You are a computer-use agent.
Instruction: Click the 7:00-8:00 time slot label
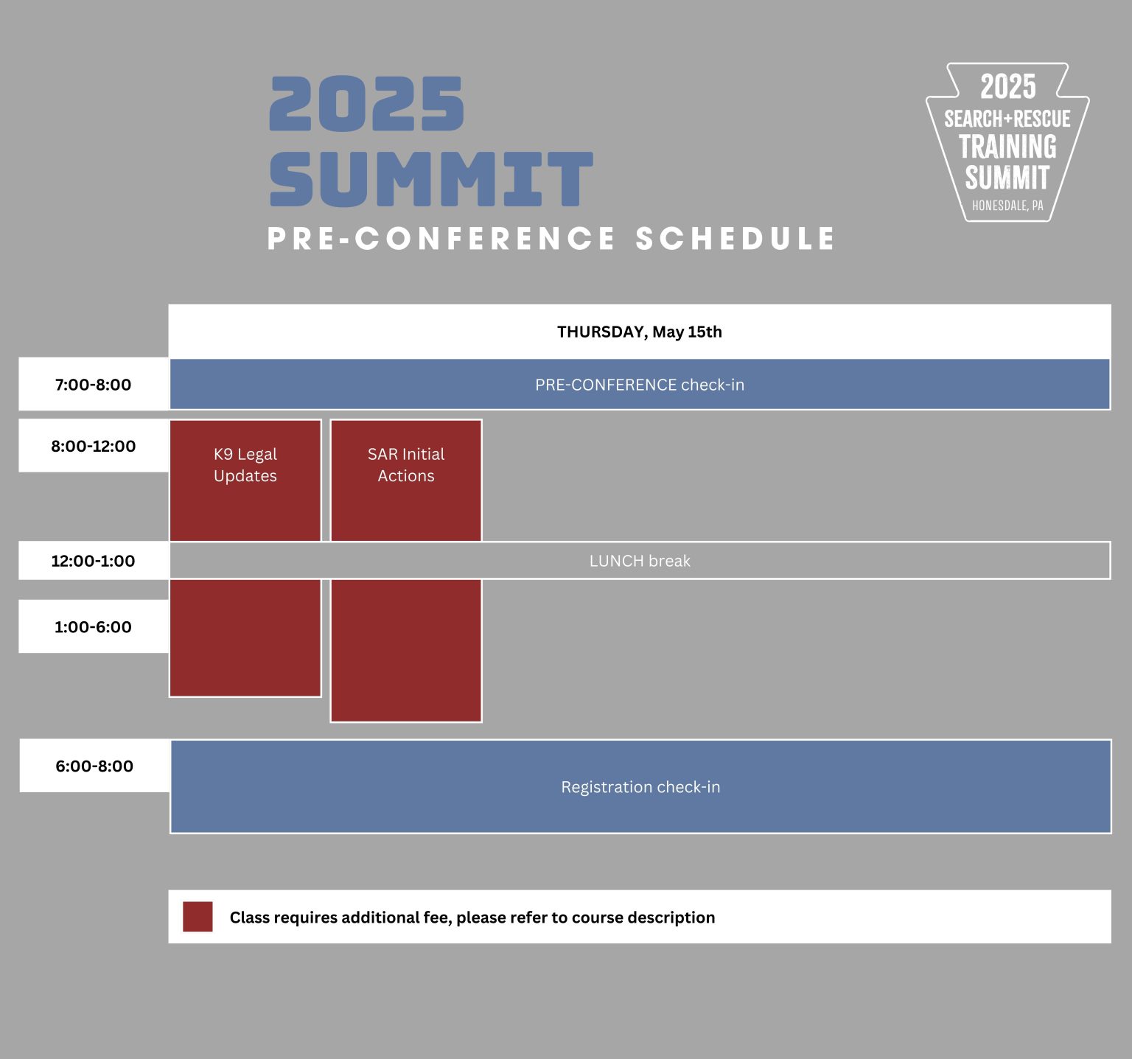point(93,385)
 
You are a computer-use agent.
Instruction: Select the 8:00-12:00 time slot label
point(93,446)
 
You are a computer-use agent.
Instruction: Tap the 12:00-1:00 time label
point(93,561)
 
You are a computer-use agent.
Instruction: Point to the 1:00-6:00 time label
point(93,627)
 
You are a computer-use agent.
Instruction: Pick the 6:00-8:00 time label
point(94,766)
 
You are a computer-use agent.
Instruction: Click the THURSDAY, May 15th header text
point(639,332)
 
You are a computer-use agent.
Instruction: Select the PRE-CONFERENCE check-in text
point(639,385)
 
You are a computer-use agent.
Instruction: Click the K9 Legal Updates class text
point(245,465)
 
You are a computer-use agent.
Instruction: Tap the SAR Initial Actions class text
point(406,465)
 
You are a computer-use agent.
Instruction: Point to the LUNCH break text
point(639,561)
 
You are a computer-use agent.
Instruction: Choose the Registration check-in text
point(640,787)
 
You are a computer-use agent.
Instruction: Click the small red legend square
point(198,917)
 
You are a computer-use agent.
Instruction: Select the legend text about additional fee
point(472,918)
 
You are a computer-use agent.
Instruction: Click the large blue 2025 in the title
point(367,105)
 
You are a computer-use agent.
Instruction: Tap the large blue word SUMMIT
point(431,179)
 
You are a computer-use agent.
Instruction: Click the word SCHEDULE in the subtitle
point(735,239)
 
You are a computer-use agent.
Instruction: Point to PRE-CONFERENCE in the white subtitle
point(441,239)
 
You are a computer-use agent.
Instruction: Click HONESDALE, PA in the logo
point(1007,206)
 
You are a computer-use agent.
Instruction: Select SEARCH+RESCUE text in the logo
point(1007,119)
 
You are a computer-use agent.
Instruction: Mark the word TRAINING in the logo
point(1007,147)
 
